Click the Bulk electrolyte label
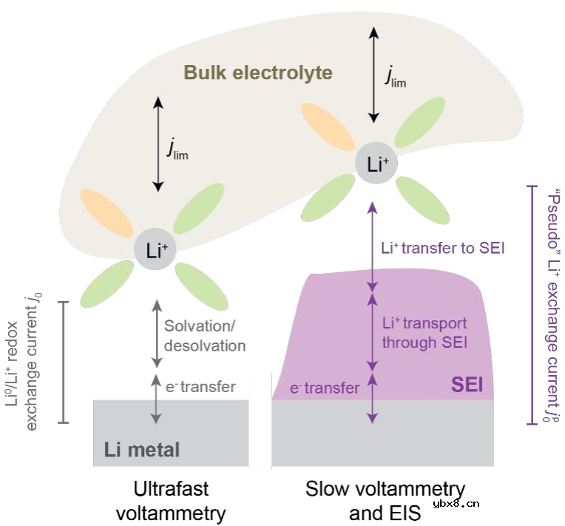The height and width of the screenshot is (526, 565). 258,73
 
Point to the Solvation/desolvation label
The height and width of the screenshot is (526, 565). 205,335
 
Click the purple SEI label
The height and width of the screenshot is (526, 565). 467,385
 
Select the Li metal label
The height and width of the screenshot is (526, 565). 141,448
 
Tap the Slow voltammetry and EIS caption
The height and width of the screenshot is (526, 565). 385,500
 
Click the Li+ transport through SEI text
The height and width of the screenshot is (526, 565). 424,332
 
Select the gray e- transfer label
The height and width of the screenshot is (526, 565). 199,386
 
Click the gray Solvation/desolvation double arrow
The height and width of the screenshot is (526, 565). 155,333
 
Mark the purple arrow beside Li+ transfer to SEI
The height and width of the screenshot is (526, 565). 373,249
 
